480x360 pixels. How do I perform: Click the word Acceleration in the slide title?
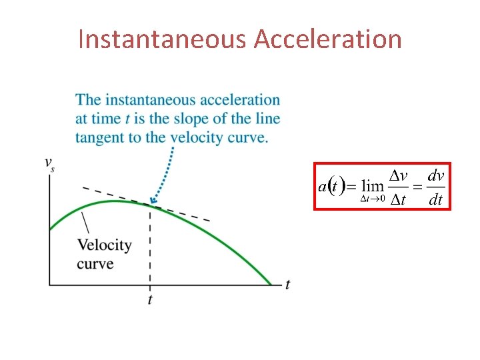pos(328,39)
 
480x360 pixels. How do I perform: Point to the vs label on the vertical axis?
pos(49,163)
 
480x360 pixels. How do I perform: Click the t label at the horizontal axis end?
pos(287,285)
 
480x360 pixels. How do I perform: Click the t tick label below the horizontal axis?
pos(150,299)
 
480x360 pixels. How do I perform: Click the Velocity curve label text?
pos(104,254)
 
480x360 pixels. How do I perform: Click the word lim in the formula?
pos(373,187)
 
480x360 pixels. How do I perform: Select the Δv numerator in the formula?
pos(399,176)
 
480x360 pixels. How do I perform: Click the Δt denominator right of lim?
pos(399,199)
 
